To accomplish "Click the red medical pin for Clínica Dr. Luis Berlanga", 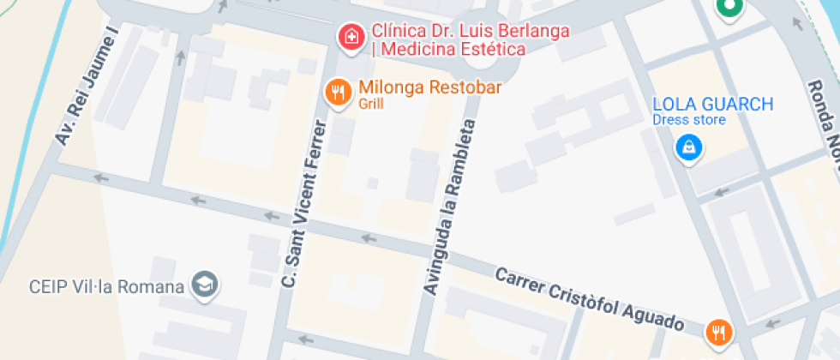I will point(349,37).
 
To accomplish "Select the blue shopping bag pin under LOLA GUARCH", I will point(688,147).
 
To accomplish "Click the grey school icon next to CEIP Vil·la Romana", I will point(205,285).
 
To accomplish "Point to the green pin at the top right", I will point(729,8).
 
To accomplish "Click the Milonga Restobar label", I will point(429,87).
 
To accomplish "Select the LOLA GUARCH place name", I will point(712,105).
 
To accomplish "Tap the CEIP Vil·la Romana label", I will point(107,286).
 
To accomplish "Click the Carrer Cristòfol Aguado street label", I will point(591,299).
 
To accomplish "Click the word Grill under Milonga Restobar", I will point(371,105).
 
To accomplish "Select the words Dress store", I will point(688,120).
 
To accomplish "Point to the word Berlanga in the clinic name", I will point(530,32).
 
